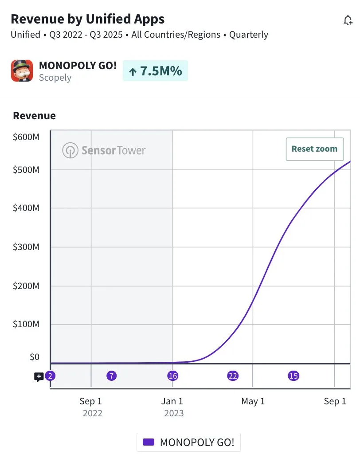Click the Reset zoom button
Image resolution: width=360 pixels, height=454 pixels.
(315, 149)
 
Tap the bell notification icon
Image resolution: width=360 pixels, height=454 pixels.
(348, 20)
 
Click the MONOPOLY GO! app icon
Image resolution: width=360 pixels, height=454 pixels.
(22, 71)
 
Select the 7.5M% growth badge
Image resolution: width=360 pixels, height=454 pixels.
(155, 71)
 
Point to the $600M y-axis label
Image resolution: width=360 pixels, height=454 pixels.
(26, 137)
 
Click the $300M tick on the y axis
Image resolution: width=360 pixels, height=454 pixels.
(26, 247)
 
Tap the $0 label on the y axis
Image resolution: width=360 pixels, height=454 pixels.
(35, 357)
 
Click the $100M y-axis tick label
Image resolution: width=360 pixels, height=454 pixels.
(26, 324)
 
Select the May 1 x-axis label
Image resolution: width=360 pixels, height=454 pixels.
(253, 401)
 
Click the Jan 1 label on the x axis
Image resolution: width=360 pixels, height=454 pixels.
(172, 401)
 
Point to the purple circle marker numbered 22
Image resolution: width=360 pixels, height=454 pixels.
(233, 376)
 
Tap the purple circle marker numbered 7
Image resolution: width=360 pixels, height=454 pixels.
(112, 376)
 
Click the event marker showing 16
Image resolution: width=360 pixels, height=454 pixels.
(172, 376)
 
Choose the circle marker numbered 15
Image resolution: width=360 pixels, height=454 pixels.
(293, 376)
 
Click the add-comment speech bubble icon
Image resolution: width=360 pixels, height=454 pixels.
(39, 377)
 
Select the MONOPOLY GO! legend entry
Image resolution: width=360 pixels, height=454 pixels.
(188, 442)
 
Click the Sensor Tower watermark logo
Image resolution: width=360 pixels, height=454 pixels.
(104, 150)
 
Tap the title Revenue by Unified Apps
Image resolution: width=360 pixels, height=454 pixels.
(87, 19)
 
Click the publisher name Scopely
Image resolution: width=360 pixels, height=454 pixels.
(55, 78)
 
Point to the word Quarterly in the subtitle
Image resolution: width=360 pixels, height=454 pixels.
(248, 35)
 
